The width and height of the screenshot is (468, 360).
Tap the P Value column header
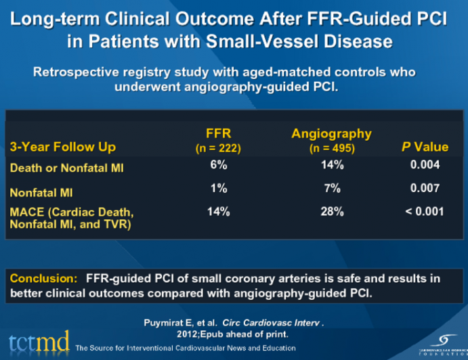coord(425,146)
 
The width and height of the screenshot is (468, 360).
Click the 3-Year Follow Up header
coord(62,146)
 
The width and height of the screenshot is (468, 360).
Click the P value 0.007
coord(425,189)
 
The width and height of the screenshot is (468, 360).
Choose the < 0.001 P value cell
coord(425,212)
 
